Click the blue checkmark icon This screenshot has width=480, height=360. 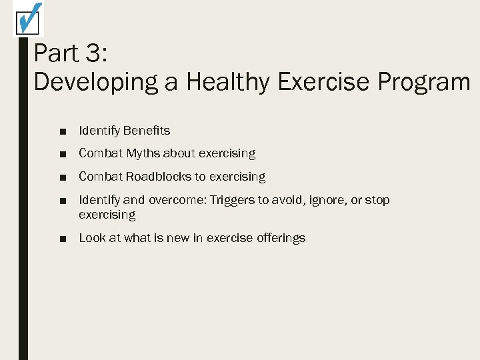pos(28,18)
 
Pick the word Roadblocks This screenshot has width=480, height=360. pos(159,177)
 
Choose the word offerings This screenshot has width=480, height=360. pos(281,238)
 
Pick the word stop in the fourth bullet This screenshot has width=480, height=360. pos(377,200)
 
